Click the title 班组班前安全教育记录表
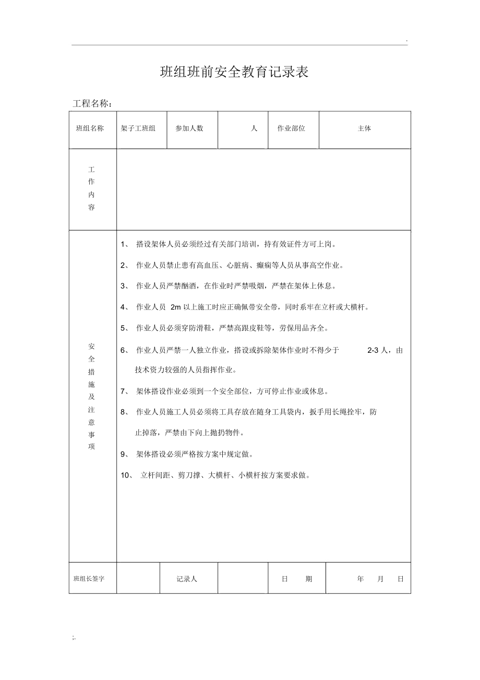click(x=234, y=72)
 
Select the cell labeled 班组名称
click(x=90, y=128)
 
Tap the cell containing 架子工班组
click(x=138, y=128)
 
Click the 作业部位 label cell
click(x=291, y=128)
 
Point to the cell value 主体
click(x=364, y=128)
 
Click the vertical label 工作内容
click(x=92, y=188)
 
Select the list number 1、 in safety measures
click(x=125, y=244)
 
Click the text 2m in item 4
click(x=175, y=307)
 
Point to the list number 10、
click(x=128, y=475)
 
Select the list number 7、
click(x=125, y=391)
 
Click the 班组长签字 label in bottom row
click(x=89, y=579)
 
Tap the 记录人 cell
click(x=187, y=579)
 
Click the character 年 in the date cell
click(x=361, y=579)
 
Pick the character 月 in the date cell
click(x=380, y=579)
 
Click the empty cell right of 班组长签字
click(x=138, y=578)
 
